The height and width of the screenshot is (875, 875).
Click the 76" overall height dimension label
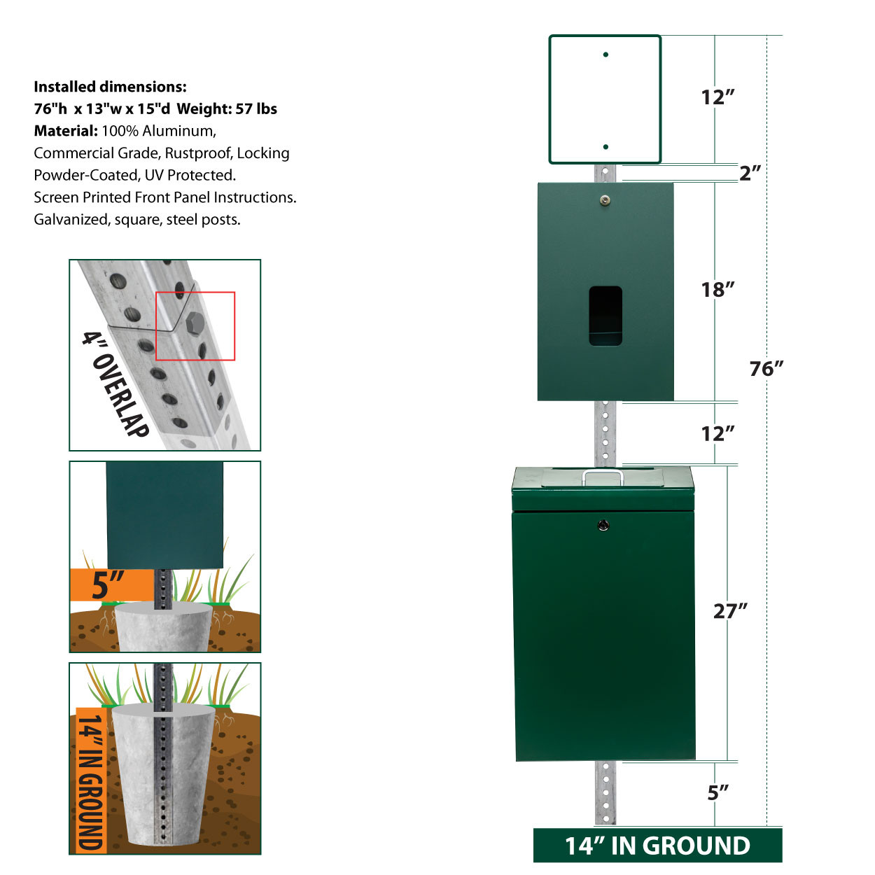[766, 369]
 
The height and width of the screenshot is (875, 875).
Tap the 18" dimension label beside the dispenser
[717, 290]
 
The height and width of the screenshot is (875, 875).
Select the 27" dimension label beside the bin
[730, 611]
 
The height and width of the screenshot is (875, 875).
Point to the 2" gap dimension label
[750, 173]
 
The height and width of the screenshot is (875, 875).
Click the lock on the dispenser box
[605, 199]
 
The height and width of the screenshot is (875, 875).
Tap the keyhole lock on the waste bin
[603, 526]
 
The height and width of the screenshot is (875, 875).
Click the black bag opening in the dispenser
[605, 316]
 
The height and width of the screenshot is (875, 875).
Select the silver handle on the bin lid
[603, 478]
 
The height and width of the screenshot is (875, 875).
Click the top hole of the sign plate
[605, 55]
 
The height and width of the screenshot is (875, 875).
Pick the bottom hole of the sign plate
[605, 147]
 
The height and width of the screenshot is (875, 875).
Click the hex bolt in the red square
[195, 323]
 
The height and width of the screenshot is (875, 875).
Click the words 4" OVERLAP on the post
[115, 384]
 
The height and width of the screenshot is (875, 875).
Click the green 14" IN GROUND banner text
[657, 846]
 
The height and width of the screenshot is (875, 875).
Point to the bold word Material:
[66, 131]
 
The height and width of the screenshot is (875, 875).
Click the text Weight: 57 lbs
[227, 109]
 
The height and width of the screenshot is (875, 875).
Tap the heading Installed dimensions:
[110, 87]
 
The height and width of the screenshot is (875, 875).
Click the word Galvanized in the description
[71, 220]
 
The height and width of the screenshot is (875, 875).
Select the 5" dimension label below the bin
[717, 793]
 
